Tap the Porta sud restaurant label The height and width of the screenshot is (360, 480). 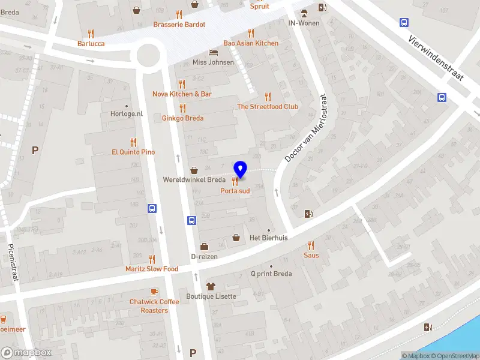(235, 191)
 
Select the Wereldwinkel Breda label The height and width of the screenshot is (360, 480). (194, 180)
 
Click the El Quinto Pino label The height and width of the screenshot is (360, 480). (133, 152)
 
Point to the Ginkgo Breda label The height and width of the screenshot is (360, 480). (182, 118)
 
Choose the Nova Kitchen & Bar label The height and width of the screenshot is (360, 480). (182, 94)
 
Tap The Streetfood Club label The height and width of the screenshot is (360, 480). (268, 107)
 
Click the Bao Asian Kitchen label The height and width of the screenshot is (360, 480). (251, 43)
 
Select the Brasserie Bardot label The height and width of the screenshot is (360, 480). (179, 25)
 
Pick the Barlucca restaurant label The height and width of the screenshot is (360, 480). (91, 43)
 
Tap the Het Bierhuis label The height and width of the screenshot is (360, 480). (269, 238)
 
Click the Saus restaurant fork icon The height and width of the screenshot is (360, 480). (311, 245)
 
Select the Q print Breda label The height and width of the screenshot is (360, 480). (271, 274)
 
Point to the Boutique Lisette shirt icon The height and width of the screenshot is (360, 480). (211, 286)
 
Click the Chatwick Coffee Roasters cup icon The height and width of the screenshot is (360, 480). (154, 292)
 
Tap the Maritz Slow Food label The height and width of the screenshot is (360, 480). (152, 269)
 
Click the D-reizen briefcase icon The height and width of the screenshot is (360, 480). (204, 247)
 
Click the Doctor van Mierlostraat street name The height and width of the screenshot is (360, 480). (307, 128)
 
